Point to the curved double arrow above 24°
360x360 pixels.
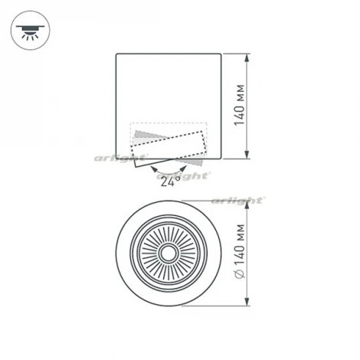(x=169, y=166)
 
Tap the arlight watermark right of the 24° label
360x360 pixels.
(x=195, y=175)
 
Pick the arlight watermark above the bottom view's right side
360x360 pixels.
(x=244, y=201)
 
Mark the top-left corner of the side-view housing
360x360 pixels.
(x=116, y=54)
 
